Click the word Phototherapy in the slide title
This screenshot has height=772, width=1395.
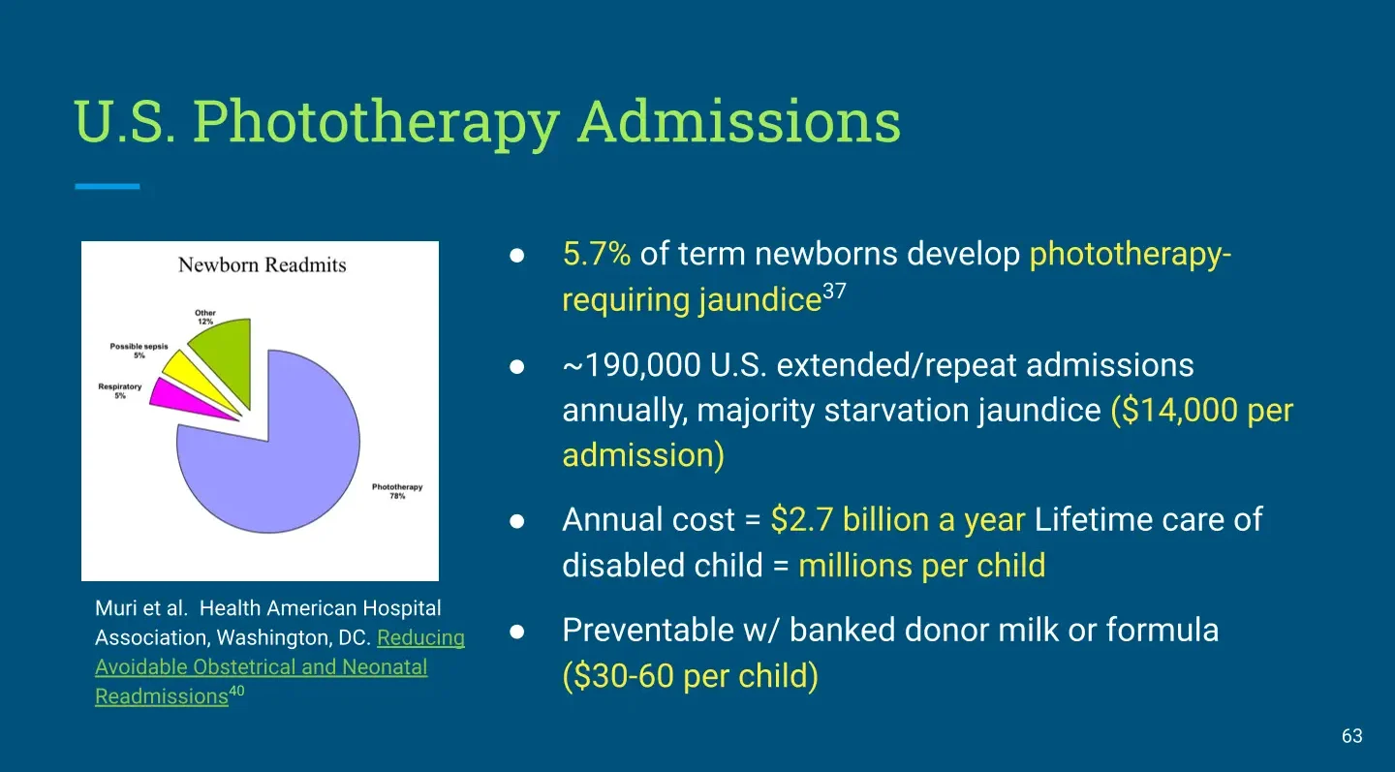pyautogui.click(x=376, y=122)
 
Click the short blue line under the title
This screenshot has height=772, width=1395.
pyautogui.click(x=108, y=186)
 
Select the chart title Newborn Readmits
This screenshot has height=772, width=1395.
pyautogui.click(x=262, y=264)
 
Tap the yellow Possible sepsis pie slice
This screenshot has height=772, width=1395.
pyautogui.click(x=193, y=379)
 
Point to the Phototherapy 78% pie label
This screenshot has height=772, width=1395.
pyautogui.click(x=397, y=491)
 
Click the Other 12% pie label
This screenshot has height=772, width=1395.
pyautogui.click(x=205, y=317)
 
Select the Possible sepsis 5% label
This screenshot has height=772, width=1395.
pyautogui.click(x=139, y=351)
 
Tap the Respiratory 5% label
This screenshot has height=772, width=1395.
pyautogui.click(x=119, y=391)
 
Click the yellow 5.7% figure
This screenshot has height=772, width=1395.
pyautogui.click(x=597, y=254)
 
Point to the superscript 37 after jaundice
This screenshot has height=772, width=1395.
pyautogui.click(x=834, y=291)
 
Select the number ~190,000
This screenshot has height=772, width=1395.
pyautogui.click(x=632, y=365)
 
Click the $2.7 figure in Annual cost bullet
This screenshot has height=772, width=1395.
pyautogui.click(x=801, y=520)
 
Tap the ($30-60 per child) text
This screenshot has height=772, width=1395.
pyautogui.click(x=690, y=676)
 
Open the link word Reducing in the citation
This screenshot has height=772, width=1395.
pyautogui.click(x=421, y=637)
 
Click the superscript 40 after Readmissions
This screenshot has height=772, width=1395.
pyautogui.click(x=236, y=691)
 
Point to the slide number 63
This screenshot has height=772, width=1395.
pyautogui.click(x=1352, y=736)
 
